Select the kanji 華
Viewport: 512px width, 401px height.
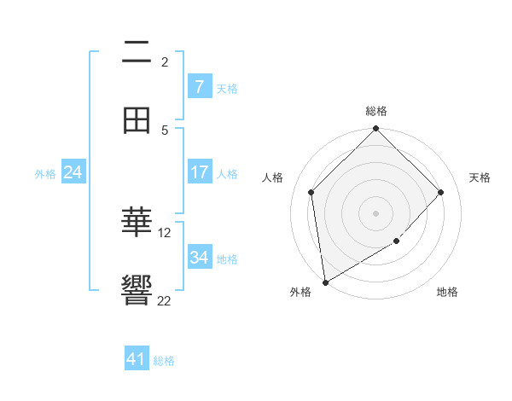pos(137,223)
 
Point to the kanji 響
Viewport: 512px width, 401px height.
pos(137,291)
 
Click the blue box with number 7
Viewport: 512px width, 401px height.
pos(200,87)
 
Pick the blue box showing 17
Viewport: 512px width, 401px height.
pos(200,172)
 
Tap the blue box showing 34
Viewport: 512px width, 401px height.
pos(200,258)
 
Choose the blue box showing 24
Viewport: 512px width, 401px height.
pos(73,172)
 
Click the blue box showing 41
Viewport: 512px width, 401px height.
pos(137,359)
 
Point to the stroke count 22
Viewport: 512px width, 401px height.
pos(164,300)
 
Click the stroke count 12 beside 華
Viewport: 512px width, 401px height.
pos(165,232)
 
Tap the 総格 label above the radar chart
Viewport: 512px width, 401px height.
pos(376,111)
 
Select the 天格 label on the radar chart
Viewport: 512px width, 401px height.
pos(480,177)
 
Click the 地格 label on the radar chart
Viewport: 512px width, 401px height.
pos(447,292)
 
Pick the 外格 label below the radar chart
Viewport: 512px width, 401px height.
pos(300,292)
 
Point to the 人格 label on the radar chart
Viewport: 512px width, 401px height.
pos(273,177)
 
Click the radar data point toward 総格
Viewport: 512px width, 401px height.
pos(376,130)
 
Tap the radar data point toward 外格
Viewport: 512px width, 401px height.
pos(325,282)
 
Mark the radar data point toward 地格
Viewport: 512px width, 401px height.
pos(396,241)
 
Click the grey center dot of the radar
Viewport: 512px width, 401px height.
pos(376,212)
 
